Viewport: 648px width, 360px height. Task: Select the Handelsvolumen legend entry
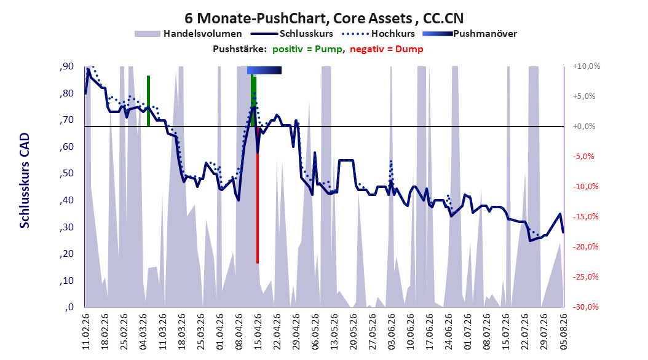coord(188,34)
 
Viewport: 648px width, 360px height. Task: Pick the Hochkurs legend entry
coord(379,34)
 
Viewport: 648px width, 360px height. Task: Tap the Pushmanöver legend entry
coord(470,34)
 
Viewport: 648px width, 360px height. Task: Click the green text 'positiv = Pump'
coord(307,49)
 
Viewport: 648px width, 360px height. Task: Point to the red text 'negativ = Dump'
coord(387,49)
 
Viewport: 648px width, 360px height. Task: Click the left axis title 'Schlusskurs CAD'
coord(25,181)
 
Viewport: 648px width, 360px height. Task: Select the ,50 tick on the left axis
coord(66,173)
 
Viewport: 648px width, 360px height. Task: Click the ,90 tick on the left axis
coord(66,66)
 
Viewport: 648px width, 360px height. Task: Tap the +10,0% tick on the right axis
coord(587,66)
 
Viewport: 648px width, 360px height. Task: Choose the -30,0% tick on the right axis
coord(585,307)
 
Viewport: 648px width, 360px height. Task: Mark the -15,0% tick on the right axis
coord(585,216)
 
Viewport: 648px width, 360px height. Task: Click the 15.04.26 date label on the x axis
coord(258,332)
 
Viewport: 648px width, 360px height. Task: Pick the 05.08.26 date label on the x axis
coord(563,332)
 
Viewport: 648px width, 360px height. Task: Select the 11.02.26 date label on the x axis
coord(85,332)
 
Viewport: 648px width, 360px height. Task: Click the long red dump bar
coord(258,195)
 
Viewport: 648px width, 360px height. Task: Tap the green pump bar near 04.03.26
coord(148,101)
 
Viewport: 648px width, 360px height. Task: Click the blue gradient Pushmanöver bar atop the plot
coord(264,70)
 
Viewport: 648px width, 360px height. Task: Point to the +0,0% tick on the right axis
coord(584,127)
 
